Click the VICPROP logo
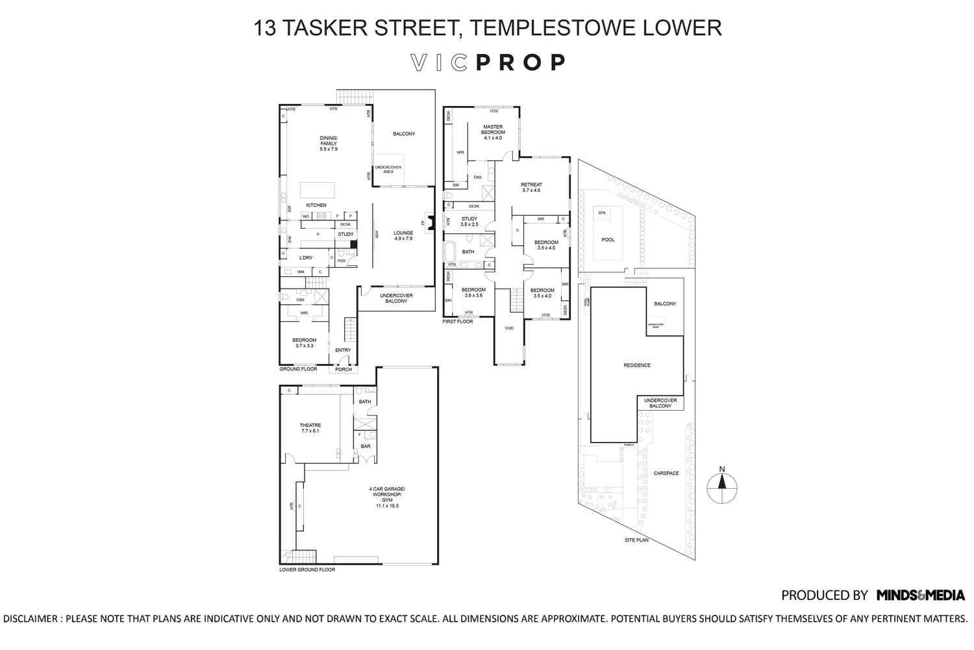click(488, 62)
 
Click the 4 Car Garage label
click(386, 497)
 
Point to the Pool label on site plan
click(608, 240)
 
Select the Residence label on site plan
click(636, 365)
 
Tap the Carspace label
click(666, 473)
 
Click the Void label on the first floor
click(509, 328)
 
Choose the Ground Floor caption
click(298, 369)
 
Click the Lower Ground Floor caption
click(307, 569)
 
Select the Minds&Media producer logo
click(920, 595)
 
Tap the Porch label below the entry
click(343, 369)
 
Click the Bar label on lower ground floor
click(366, 447)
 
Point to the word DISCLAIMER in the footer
click(31, 619)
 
